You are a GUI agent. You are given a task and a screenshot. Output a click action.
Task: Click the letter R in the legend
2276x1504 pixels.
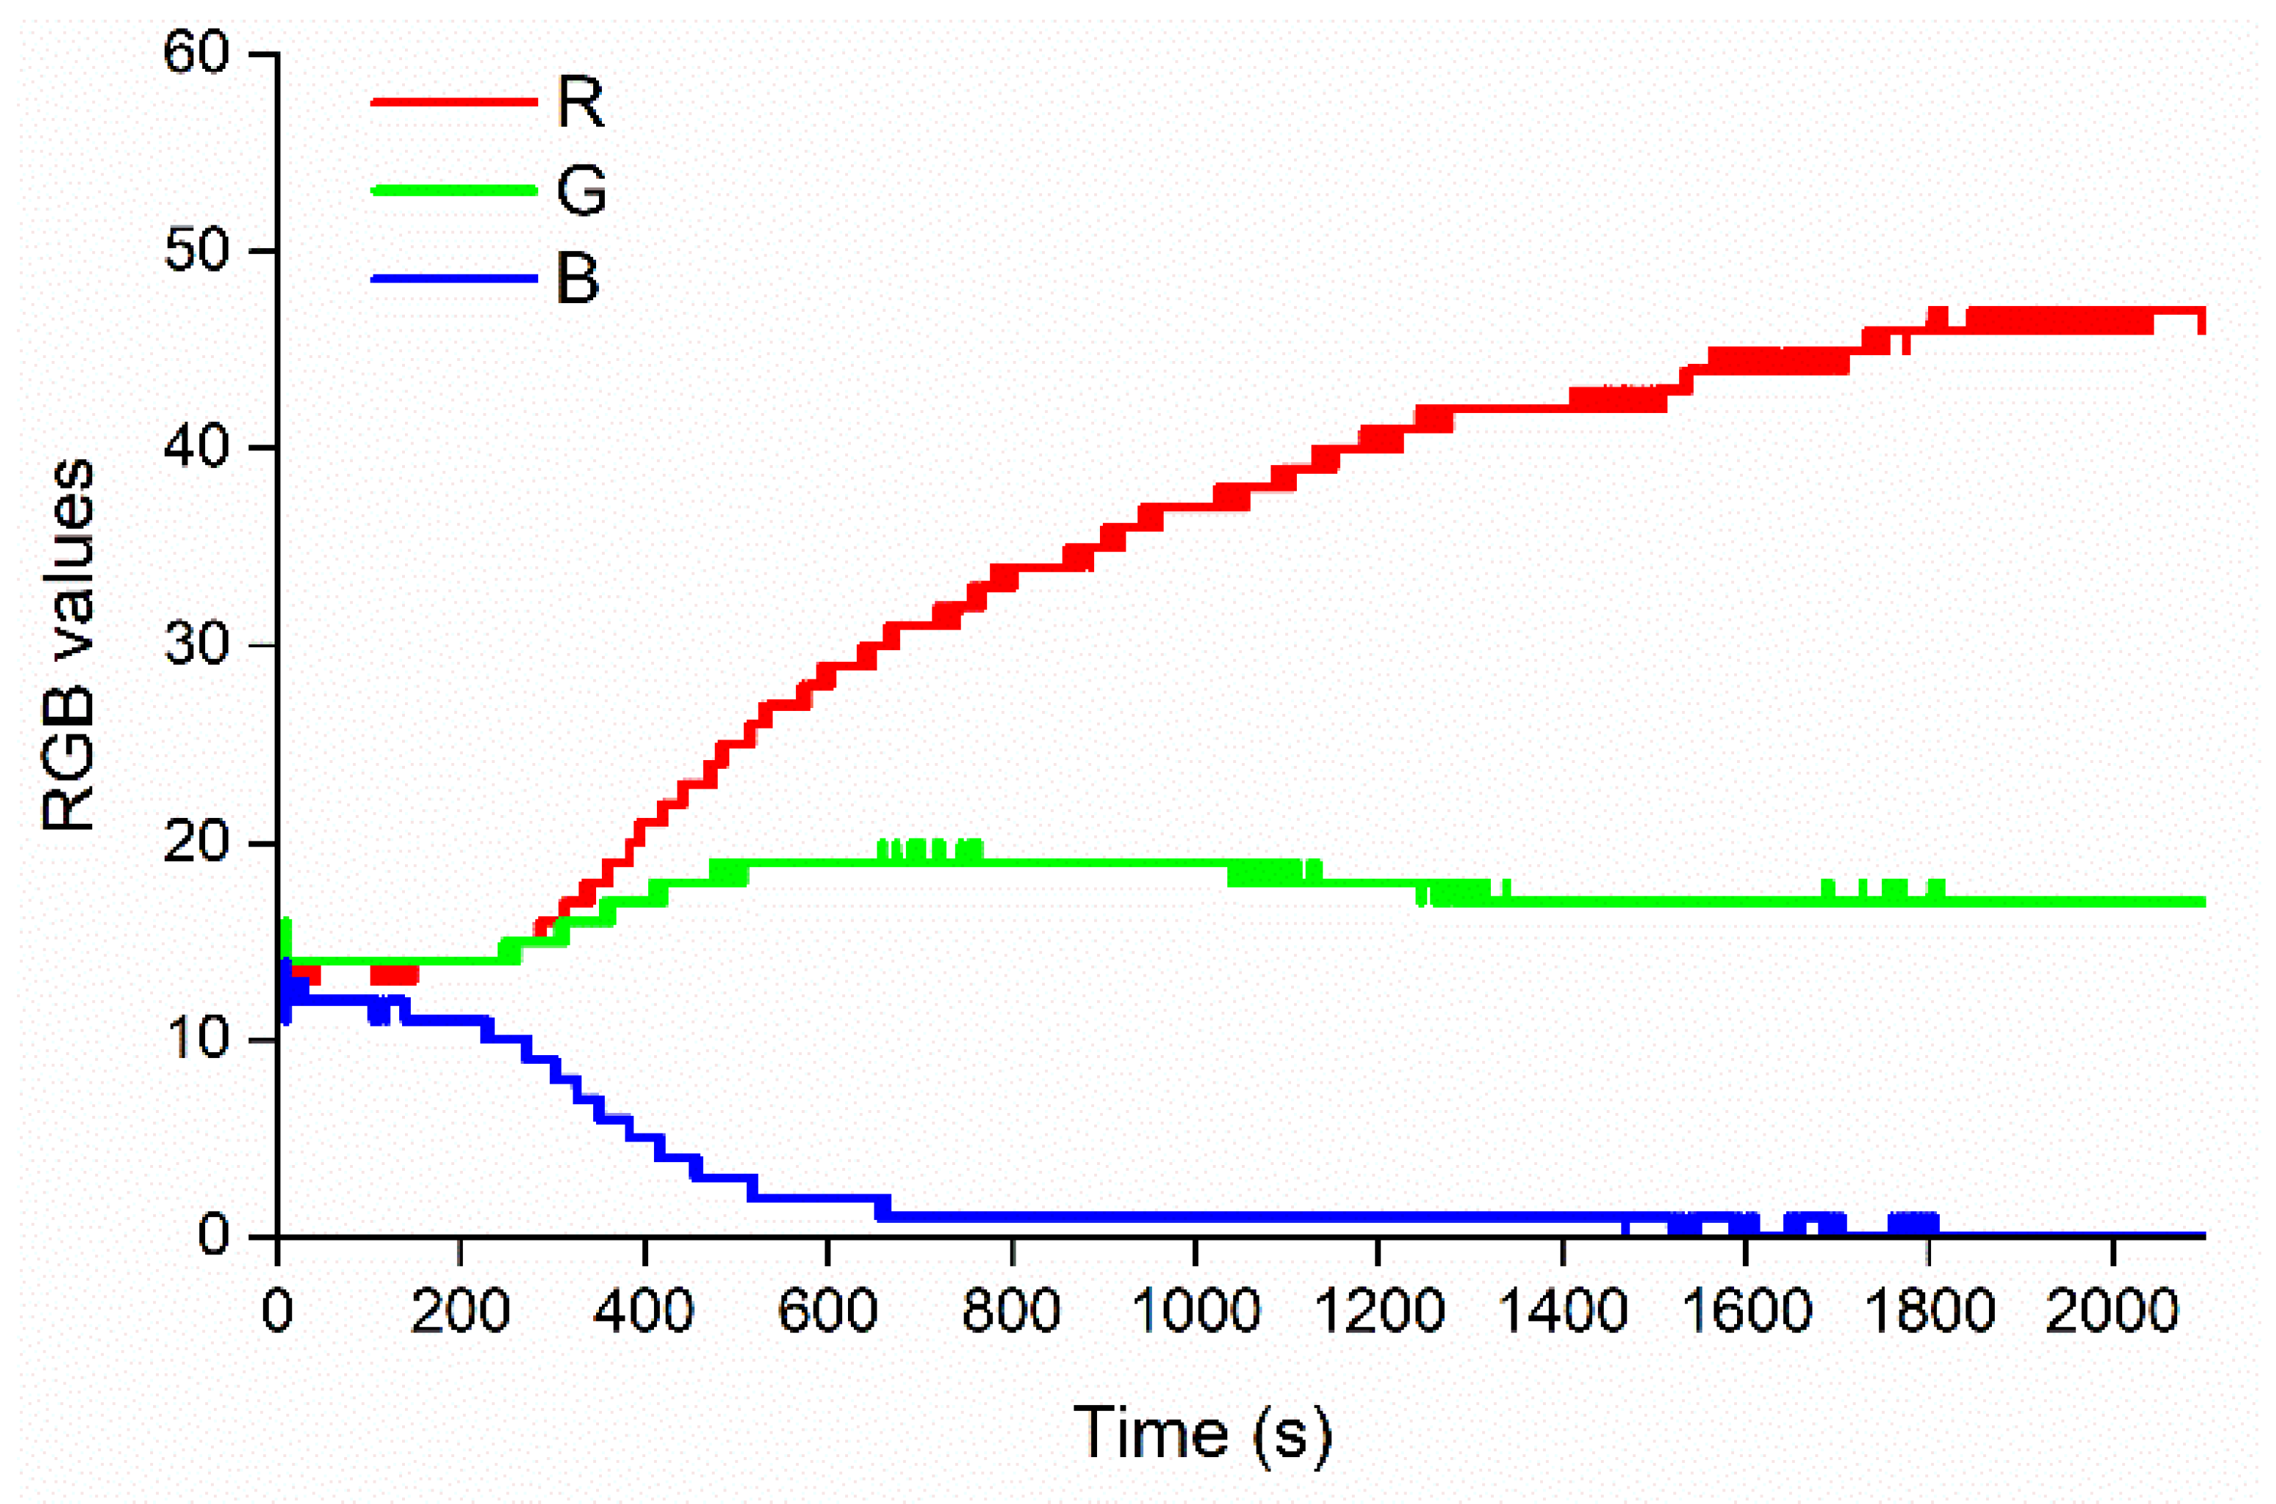coord(580,102)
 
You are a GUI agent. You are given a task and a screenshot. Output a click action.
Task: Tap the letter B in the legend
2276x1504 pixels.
coord(577,278)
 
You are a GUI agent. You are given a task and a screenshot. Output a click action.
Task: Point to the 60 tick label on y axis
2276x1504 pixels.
coord(196,53)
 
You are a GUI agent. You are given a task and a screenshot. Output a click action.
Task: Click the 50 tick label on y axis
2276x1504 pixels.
coord(196,251)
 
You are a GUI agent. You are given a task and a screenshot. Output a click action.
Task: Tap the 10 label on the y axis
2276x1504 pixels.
coord(196,1039)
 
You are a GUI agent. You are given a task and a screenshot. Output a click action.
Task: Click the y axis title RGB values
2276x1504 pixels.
coord(69,644)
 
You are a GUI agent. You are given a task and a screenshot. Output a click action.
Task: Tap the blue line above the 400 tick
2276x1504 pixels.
coord(644,1138)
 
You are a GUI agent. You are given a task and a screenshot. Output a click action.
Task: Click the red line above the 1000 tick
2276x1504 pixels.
coord(1195,507)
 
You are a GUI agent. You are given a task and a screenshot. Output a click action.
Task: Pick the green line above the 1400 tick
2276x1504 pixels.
coord(1563,901)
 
